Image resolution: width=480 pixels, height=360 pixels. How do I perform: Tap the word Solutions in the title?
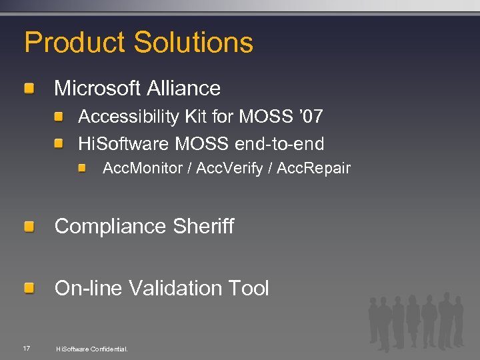coord(193,43)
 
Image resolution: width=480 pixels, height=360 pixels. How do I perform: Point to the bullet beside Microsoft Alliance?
coord(30,88)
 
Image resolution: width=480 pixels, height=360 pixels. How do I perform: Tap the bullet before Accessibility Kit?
coord(59,117)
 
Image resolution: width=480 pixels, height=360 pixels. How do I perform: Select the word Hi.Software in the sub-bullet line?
coord(124,143)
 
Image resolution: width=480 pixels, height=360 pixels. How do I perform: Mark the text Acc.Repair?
coord(313,168)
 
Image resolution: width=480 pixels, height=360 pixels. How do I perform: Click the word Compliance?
coord(111,227)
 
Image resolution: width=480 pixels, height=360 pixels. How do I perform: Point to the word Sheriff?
coord(204,227)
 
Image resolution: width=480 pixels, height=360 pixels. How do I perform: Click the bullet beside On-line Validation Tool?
coord(30,289)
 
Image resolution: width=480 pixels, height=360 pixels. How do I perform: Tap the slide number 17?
coord(26,348)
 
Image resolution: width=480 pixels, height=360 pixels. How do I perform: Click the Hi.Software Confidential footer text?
coord(92,349)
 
